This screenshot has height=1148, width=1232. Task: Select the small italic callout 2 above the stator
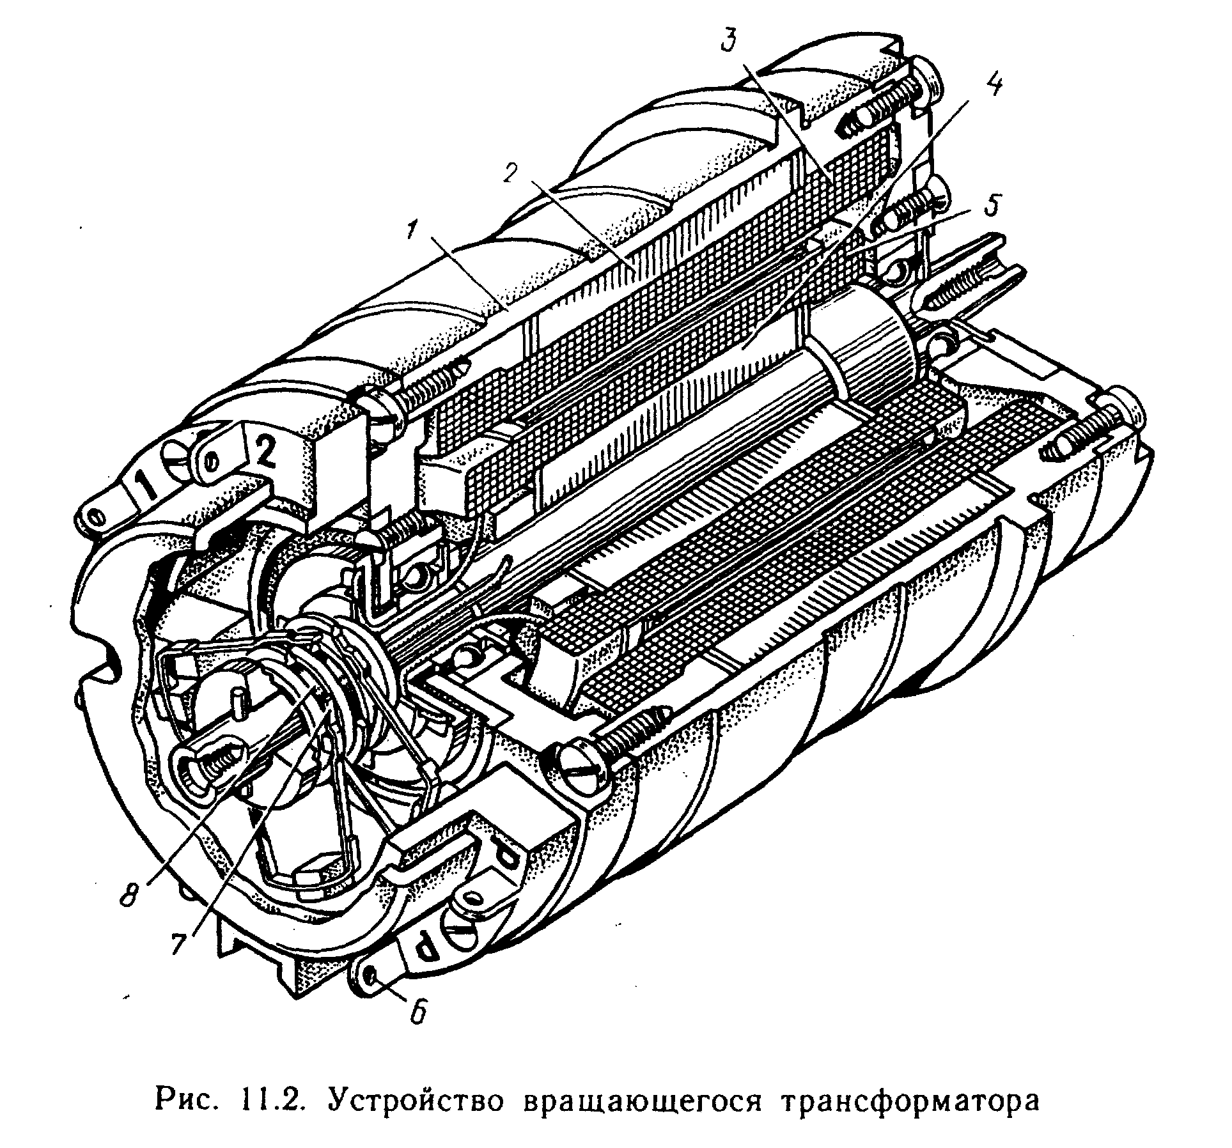[511, 173]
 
